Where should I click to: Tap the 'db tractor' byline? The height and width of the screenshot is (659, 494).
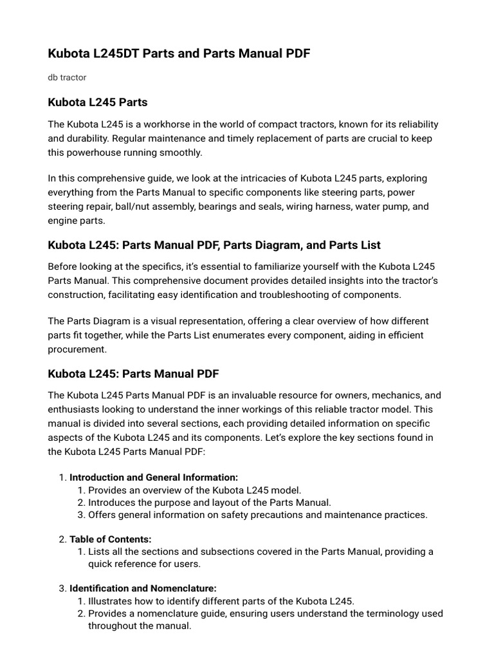67,77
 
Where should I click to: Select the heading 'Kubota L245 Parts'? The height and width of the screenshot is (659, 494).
98,102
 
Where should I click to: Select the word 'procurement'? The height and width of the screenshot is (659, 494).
77,349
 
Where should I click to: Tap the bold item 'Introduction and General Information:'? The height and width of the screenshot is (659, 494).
154,478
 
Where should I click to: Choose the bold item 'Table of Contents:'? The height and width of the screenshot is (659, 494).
111,539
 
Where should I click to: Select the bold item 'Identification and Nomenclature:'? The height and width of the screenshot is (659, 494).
143,588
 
